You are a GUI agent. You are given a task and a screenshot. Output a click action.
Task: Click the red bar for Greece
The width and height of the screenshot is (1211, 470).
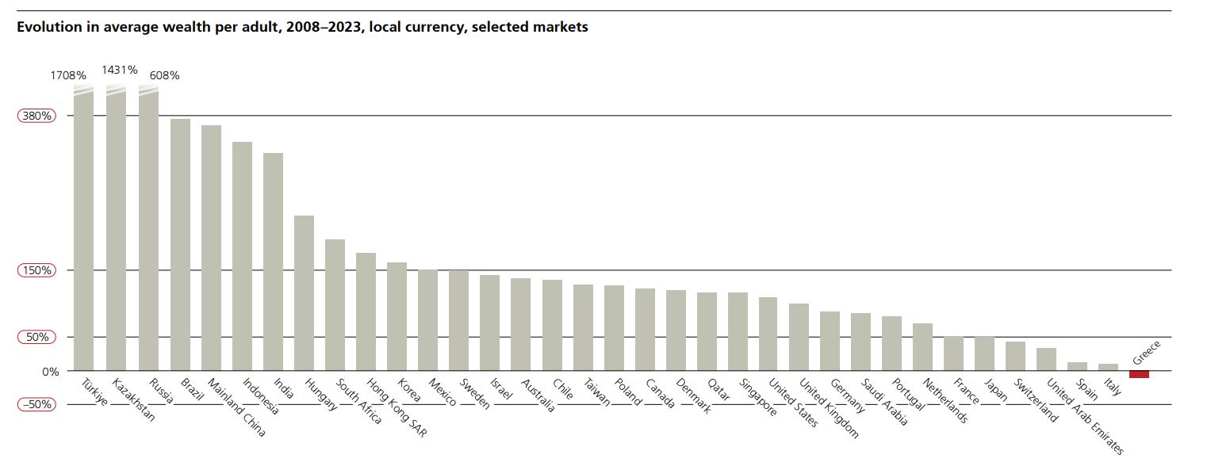[1139, 374]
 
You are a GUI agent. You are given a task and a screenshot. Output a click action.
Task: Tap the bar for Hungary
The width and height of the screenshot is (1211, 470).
[304, 292]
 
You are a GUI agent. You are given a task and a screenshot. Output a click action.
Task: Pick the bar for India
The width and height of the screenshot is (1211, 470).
[273, 262]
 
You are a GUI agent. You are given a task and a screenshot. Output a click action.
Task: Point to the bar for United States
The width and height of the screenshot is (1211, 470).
[768, 334]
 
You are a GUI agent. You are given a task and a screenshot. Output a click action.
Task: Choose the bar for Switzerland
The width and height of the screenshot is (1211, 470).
[1015, 356]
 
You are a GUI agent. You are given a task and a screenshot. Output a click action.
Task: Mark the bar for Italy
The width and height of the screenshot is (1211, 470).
[1108, 367]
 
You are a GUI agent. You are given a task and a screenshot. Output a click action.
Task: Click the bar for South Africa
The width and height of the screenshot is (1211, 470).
[335, 304]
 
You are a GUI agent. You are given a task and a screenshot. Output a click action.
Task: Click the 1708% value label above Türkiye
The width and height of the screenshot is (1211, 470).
[68, 75]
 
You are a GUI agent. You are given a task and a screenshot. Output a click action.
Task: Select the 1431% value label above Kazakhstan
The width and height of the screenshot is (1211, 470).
[119, 70]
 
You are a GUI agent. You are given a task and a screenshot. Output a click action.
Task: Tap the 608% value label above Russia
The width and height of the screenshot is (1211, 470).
[164, 75]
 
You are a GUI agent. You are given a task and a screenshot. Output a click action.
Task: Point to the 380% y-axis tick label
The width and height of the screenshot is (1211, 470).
[36, 116]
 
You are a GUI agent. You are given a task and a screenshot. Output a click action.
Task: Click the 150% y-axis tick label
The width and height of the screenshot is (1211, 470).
[36, 270]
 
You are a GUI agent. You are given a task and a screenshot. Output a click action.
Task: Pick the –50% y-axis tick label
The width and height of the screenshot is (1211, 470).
[36, 404]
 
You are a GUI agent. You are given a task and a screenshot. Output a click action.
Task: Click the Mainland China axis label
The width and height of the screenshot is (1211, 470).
[236, 409]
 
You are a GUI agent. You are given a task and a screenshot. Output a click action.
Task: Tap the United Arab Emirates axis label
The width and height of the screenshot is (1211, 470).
[1084, 415]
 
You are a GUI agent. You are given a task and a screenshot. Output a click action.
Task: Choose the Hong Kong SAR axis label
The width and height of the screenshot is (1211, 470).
[396, 409]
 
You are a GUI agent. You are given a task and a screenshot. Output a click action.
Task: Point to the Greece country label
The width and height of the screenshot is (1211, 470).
[1147, 352]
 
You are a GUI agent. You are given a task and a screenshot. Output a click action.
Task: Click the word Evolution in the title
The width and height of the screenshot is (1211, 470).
[47, 27]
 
